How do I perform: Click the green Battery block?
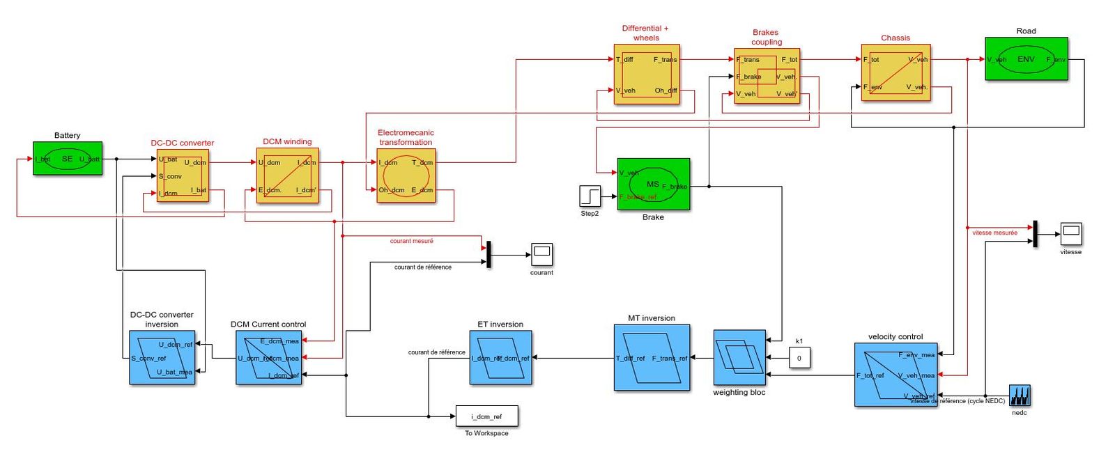coord(67,159)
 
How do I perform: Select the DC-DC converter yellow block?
coord(183,175)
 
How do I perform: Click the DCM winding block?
coord(287,175)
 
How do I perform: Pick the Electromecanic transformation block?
coord(406,175)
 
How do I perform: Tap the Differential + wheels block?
coord(646,75)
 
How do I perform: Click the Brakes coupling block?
coord(767,76)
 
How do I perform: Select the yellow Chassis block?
coord(895,73)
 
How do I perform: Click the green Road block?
coord(1026,59)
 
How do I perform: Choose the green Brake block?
coord(653,184)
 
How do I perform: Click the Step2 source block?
coord(590,196)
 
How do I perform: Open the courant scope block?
coord(541,254)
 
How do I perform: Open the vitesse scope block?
coord(1070,233)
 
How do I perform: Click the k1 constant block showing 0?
coord(799,358)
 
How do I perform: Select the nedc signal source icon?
coord(1020,396)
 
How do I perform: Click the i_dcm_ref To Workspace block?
coord(486,416)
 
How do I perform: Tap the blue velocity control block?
coord(895,375)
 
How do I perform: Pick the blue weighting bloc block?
coord(739,357)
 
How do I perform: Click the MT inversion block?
coord(652,358)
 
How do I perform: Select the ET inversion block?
coord(500,358)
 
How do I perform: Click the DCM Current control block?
coord(268,358)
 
